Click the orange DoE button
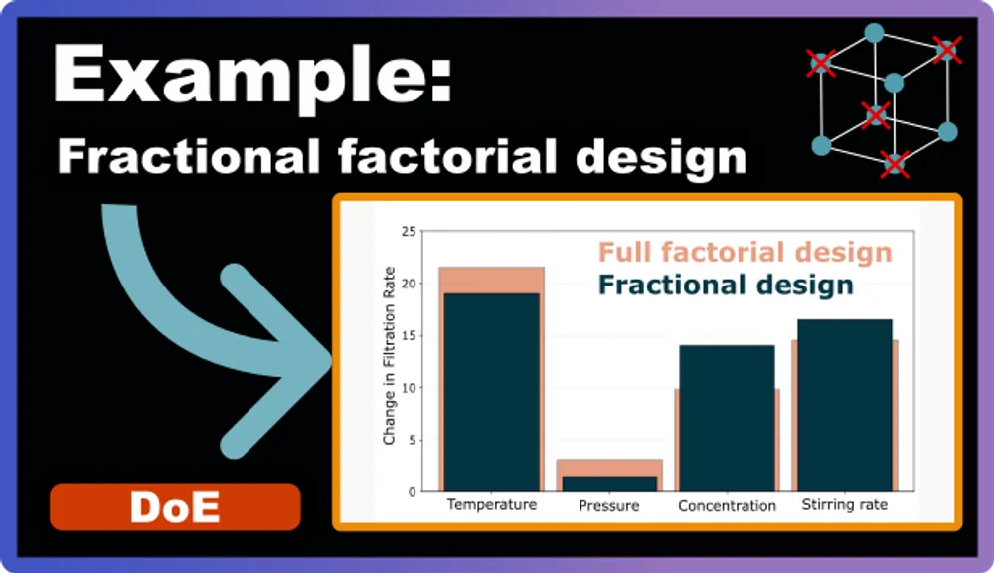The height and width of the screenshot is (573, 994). (x=175, y=507)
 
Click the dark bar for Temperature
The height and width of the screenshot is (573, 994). (x=491, y=392)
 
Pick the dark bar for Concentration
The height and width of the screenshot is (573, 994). (x=727, y=418)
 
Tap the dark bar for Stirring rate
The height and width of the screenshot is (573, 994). (x=844, y=405)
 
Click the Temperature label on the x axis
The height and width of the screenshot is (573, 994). (x=491, y=505)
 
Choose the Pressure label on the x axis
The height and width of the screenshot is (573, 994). (x=608, y=506)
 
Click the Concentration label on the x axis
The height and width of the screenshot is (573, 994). (x=727, y=506)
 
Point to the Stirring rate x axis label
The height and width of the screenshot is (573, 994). (x=844, y=505)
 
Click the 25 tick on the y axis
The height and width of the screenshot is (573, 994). (x=408, y=232)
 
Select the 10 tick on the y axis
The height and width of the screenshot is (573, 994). (x=408, y=387)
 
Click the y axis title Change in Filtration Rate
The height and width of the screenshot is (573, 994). (x=389, y=356)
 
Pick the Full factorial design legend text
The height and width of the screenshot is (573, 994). (x=745, y=252)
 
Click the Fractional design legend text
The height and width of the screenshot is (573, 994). (x=726, y=286)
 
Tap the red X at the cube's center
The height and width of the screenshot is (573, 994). (x=875, y=115)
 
